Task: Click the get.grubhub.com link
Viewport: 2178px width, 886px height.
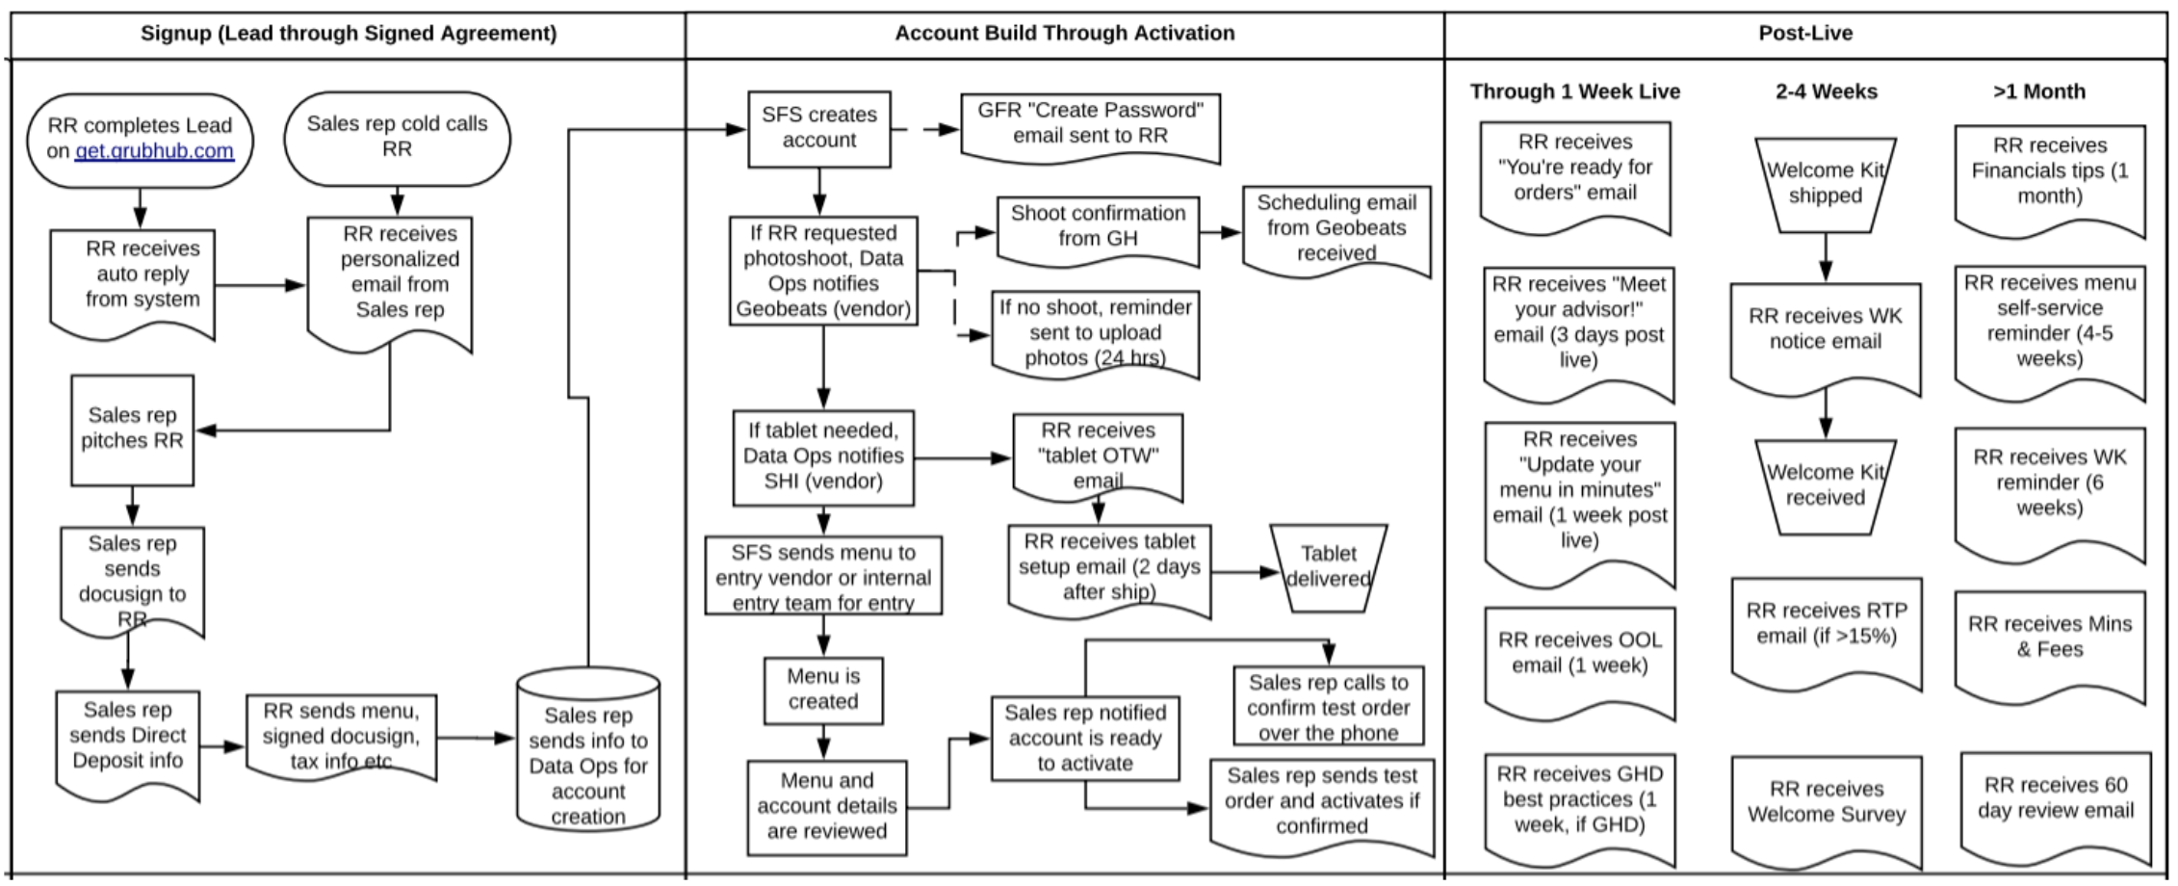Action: click(x=154, y=151)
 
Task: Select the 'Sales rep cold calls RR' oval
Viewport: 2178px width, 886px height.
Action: click(x=397, y=137)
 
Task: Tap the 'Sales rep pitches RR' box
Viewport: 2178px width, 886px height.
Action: click(x=132, y=429)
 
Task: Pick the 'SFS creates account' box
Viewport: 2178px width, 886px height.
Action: click(x=819, y=128)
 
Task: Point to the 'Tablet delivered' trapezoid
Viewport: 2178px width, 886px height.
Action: click(x=1329, y=567)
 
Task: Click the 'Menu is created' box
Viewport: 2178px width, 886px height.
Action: click(x=823, y=690)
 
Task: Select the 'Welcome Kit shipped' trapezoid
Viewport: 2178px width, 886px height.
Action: click(x=1826, y=184)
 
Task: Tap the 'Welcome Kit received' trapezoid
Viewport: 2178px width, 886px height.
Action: click(x=1826, y=485)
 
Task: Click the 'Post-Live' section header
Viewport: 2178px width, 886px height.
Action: click(x=1805, y=33)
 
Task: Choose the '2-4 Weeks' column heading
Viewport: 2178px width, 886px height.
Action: click(x=1827, y=91)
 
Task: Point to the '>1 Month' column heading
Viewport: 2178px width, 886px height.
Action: click(x=2039, y=91)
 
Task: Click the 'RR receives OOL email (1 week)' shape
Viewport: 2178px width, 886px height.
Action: click(x=1579, y=655)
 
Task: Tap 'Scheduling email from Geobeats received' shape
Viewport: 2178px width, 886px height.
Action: click(x=1336, y=228)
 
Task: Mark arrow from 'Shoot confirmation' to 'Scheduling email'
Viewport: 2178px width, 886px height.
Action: click(x=1221, y=232)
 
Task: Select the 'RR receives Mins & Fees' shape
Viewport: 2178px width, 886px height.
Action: click(x=2050, y=638)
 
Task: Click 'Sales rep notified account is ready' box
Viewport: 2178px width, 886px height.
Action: click(x=1085, y=738)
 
